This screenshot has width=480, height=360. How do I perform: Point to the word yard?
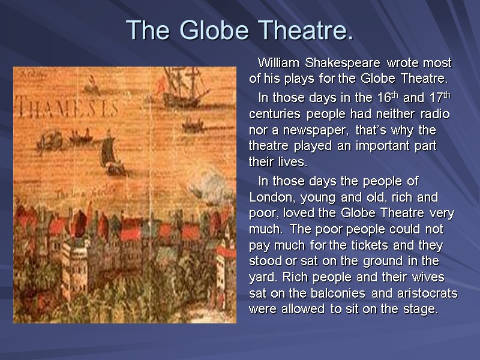(x=260, y=278)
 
